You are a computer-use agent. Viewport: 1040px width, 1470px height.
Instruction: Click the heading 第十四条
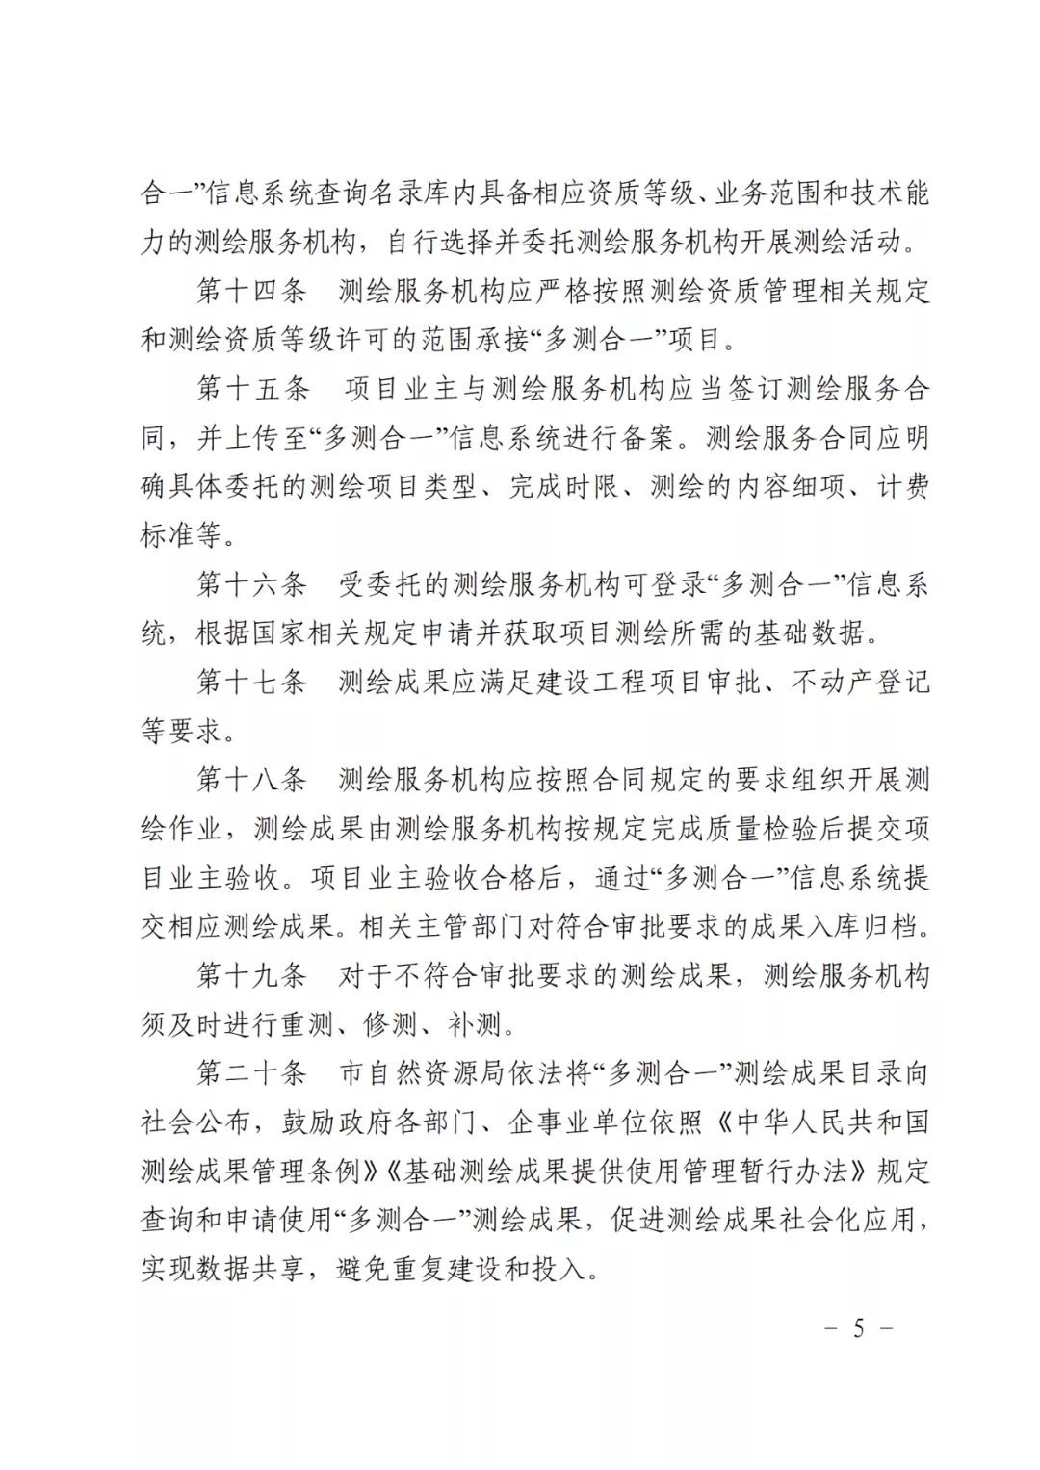251,290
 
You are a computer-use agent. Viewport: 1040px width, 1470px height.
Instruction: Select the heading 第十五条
253,388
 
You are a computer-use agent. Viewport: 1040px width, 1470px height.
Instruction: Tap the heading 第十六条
251,583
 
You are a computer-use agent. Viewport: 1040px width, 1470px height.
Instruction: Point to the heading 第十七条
251,682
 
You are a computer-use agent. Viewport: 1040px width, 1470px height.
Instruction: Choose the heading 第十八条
251,780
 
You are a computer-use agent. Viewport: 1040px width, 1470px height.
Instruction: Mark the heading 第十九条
251,975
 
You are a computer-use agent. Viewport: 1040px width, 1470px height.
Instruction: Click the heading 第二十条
251,1073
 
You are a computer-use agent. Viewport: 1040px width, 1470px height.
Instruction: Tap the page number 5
858,1328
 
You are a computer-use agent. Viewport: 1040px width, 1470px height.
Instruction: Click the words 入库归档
875,927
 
